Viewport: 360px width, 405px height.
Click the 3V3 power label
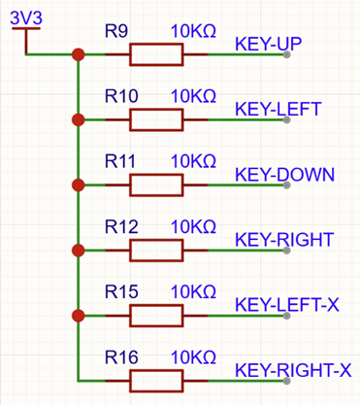point(26,17)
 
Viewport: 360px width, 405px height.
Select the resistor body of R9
point(156,54)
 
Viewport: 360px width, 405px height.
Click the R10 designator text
point(121,96)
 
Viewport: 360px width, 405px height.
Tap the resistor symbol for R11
point(156,186)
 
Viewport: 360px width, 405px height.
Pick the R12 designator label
point(121,226)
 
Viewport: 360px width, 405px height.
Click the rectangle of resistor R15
point(156,316)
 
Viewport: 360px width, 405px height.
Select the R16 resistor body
point(156,381)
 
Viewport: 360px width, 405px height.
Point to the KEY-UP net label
point(268,44)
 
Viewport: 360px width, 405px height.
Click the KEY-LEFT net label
point(278,109)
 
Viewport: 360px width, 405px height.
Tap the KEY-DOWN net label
point(284,175)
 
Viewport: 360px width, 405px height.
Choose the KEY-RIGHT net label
point(284,240)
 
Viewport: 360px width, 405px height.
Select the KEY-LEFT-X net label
point(287,305)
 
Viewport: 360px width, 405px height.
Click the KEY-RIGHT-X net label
point(293,370)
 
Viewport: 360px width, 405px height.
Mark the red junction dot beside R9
point(79,54)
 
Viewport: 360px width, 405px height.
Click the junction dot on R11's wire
point(79,186)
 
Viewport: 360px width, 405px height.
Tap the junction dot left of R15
point(79,316)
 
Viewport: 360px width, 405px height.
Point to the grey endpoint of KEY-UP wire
point(286,54)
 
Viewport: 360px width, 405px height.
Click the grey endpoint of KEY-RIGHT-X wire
point(286,381)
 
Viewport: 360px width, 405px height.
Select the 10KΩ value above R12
point(193,226)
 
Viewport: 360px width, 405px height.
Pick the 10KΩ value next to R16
point(193,357)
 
